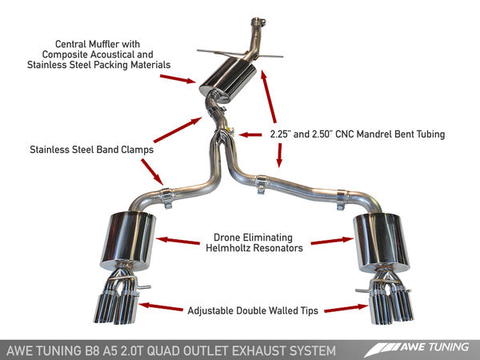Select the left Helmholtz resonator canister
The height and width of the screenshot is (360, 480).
click(126, 239)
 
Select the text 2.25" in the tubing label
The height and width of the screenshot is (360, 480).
click(283, 134)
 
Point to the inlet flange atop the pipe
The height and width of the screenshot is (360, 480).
click(258, 19)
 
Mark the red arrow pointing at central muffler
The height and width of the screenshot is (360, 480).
click(177, 78)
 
